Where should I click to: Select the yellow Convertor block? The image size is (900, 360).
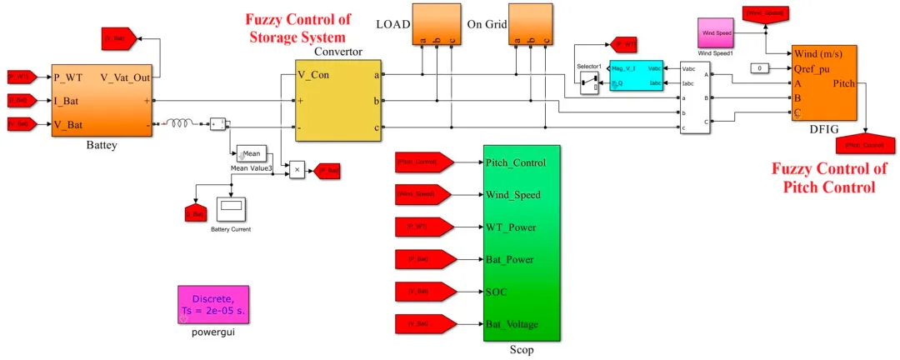click(x=338, y=101)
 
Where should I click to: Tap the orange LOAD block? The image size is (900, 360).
click(x=436, y=23)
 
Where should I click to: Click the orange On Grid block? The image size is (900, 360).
click(x=530, y=23)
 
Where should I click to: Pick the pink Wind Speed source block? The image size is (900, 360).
click(x=716, y=32)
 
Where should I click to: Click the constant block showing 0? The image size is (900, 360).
click(x=760, y=68)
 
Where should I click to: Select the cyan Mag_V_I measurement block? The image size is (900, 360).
click(x=636, y=75)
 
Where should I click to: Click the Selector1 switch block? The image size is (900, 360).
click(x=589, y=83)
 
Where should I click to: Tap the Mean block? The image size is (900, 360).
click(x=252, y=153)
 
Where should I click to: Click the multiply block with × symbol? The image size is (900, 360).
click(x=297, y=170)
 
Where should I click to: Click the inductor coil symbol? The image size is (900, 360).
click(x=180, y=123)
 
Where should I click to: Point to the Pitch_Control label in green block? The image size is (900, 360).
click(x=516, y=162)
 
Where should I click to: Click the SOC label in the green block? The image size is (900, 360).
click(x=497, y=292)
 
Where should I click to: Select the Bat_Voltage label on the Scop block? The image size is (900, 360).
click(x=512, y=324)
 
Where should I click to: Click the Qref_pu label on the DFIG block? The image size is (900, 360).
click(x=812, y=69)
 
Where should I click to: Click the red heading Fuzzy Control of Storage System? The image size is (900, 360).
click(x=297, y=27)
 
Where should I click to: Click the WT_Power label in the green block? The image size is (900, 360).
click(x=511, y=227)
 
